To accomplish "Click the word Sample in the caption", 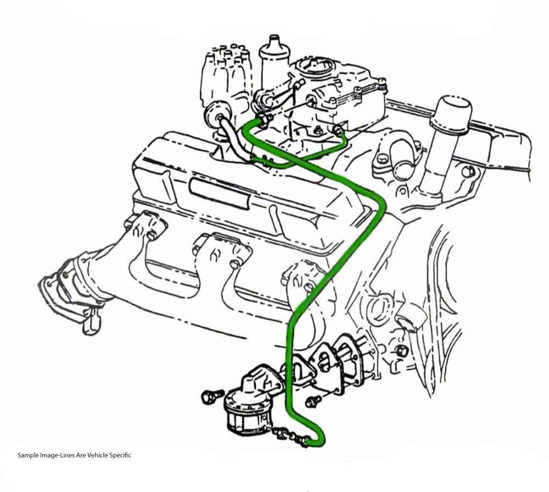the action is tap(29, 455).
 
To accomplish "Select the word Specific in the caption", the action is tap(120, 455).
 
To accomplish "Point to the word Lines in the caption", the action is tap(64, 455).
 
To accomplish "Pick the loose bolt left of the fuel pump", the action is tap(212, 396).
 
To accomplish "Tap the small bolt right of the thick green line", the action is tap(313, 401).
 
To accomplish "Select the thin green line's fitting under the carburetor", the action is tap(338, 131).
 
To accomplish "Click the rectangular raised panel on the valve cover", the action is tap(220, 194).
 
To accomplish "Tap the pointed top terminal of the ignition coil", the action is tap(274, 38).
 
